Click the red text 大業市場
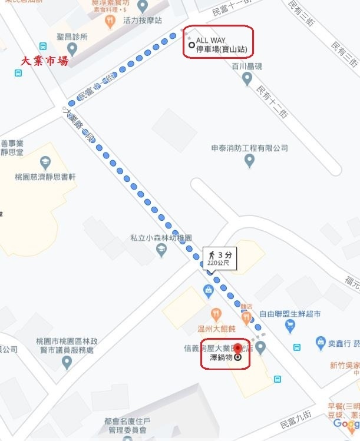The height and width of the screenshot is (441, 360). coord(44,61)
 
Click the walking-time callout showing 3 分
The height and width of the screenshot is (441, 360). coord(220,258)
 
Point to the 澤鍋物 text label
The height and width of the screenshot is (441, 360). coord(218,357)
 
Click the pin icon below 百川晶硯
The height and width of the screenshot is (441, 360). coord(247,78)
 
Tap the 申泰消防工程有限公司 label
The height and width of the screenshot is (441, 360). coord(249,148)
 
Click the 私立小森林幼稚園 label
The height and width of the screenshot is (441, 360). coord(161,238)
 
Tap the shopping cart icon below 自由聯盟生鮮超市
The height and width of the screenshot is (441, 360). coord(289,326)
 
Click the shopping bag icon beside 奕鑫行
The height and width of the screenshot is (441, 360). coord(321,341)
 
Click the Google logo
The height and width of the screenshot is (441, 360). coord(346,425)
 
